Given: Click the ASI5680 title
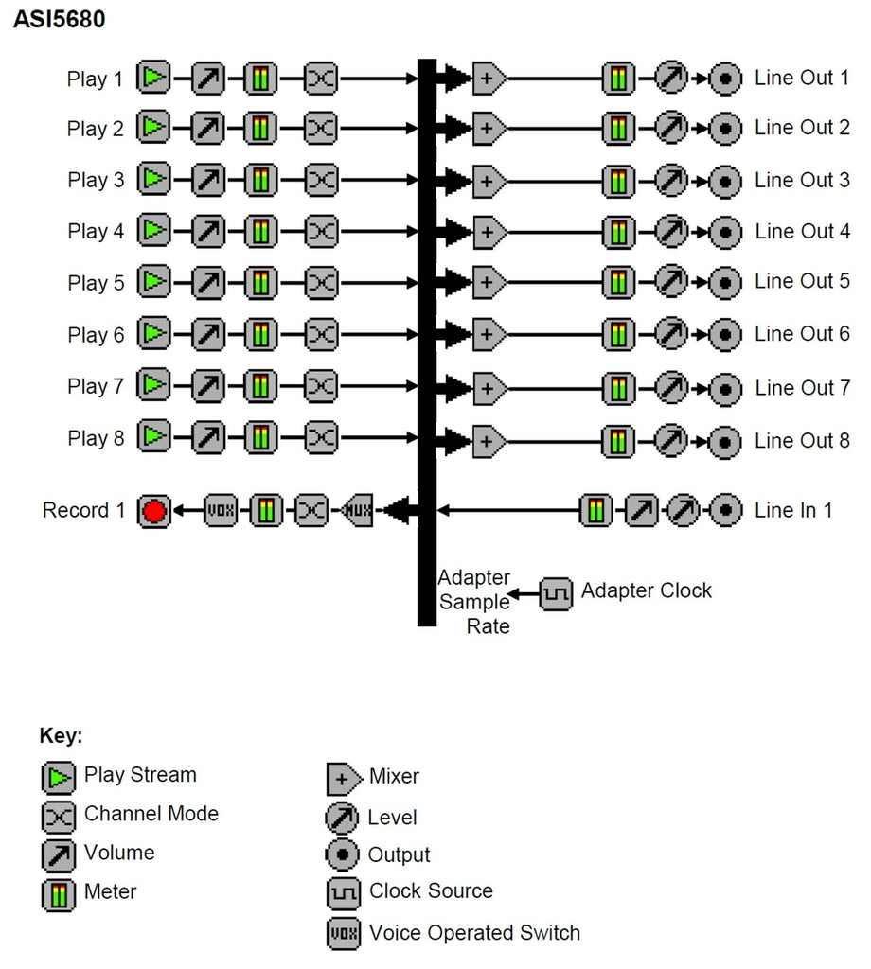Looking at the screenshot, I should click(59, 19).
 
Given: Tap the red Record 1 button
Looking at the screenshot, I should click(154, 511).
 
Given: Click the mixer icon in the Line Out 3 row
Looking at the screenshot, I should click(489, 180).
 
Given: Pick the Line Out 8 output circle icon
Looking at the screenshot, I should click(725, 440).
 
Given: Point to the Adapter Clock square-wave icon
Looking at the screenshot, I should click(557, 593).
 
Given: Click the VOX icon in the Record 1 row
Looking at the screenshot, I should click(221, 511).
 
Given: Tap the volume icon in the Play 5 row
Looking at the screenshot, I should click(208, 282).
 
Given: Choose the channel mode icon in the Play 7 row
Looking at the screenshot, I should click(321, 386).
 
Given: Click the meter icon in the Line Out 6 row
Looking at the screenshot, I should click(618, 334).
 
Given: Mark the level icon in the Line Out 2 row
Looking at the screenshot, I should click(671, 128).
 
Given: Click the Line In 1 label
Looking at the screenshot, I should click(793, 511).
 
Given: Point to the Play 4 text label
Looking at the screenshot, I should click(95, 231).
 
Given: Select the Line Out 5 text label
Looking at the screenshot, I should click(802, 281).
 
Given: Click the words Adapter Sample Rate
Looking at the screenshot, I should click(473, 601).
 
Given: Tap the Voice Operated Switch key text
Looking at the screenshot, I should click(474, 933).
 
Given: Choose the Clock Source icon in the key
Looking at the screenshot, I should click(343, 892).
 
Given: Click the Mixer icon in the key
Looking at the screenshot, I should click(343, 778).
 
